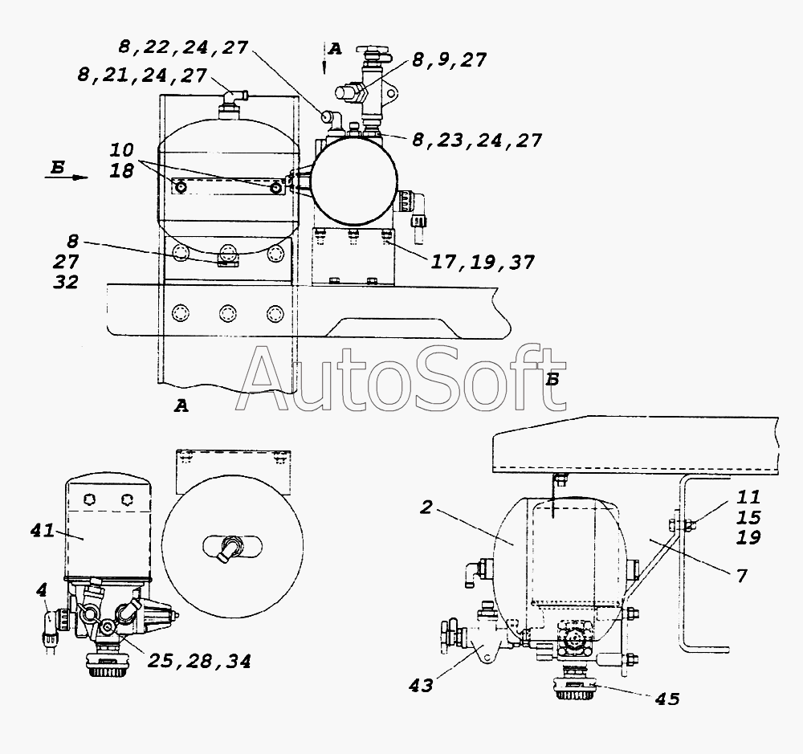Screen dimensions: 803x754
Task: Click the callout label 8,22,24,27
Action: [183, 47]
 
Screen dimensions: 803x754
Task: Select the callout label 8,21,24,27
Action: [142, 75]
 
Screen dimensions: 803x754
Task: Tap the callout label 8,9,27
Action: [449, 60]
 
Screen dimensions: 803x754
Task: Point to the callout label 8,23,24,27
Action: [477, 141]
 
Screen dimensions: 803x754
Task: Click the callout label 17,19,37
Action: [483, 263]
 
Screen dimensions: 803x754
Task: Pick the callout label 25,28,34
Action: [199, 662]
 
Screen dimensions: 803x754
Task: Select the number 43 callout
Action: [421, 686]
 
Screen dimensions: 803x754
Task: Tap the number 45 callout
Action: [667, 699]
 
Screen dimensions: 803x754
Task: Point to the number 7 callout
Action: [742, 576]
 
